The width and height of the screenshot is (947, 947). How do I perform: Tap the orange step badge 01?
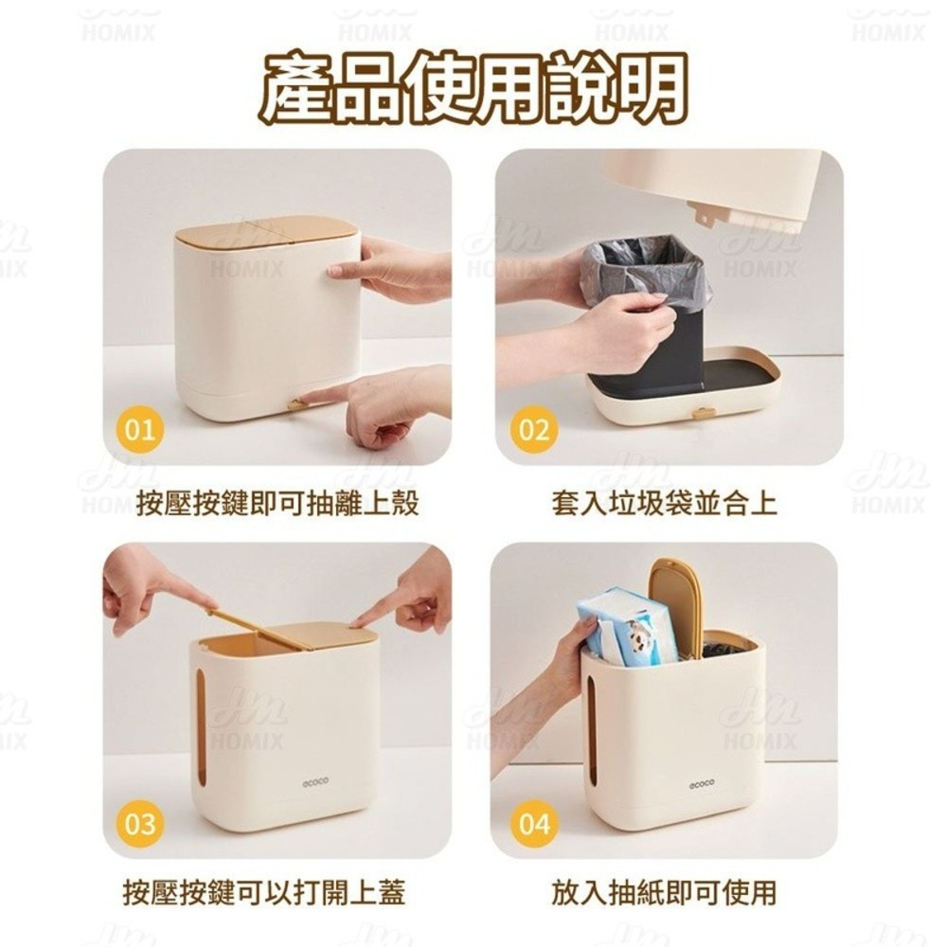coord(139,430)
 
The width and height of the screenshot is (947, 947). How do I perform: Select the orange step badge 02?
coord(534,430)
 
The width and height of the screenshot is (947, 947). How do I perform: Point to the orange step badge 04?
coord(534,822)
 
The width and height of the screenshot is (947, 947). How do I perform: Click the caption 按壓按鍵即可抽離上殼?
coord(277,503)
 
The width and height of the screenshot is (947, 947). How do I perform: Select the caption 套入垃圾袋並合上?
coord(664,503)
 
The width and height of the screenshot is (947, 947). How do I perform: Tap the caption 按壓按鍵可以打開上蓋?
coord(264,892)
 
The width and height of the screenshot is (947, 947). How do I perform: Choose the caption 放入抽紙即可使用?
coord(664,892)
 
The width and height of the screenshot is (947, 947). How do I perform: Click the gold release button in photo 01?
coord(296,404)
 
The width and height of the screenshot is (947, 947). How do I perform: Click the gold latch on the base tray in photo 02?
coord(703,413)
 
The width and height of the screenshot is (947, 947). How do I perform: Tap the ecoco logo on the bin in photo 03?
coord(315,783)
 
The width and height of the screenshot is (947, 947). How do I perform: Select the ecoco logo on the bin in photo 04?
coord(702,783)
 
